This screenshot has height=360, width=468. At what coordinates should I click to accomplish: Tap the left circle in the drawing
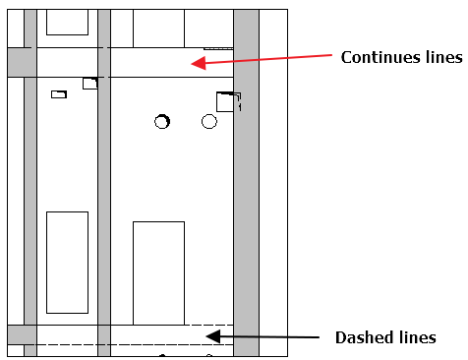[162, 121]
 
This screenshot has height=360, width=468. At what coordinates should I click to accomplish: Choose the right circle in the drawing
[208, 121]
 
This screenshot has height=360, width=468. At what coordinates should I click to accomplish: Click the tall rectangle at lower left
[67, 262]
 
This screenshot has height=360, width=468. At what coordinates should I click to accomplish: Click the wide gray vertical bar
[246, 177]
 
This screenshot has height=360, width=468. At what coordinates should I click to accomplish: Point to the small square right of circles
[226, 101]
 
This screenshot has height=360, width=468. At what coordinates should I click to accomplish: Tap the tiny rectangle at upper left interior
[58, 94]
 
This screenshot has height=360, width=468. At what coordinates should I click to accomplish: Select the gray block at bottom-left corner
[21, 334]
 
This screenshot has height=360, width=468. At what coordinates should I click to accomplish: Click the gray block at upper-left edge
[21, 62]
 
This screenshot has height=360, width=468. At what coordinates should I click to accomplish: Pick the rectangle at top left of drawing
[67, 22]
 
